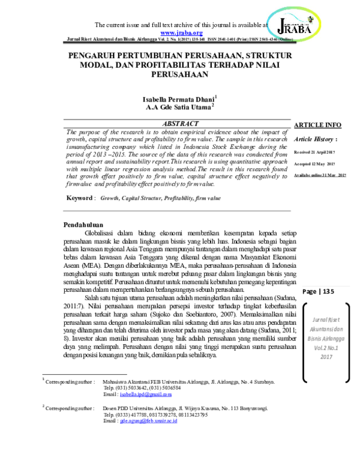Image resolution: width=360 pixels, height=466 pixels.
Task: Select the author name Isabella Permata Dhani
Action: pyautogui.click(x=178, y=98)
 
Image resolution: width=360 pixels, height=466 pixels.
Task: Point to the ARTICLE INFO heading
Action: pyautogui.click(x=317, y=125)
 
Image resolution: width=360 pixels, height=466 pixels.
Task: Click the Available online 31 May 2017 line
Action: pyautogui.click(x=320, y=175)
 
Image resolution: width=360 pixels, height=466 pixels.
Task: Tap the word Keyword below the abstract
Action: pyautogui.click(x=80, y=198)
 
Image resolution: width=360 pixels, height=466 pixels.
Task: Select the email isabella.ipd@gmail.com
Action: pyautogui.click(x=146, y=395)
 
